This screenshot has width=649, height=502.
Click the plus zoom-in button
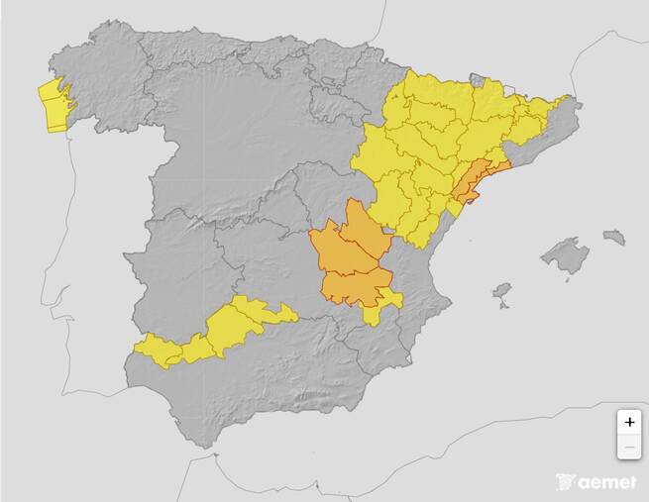coord(629,421)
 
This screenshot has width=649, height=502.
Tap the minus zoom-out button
coord(629,448)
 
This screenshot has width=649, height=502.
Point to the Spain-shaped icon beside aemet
coord(565,482)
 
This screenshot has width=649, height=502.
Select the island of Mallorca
coord(565,256)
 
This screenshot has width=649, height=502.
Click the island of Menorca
coord(614,238)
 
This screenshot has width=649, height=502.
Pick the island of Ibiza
coord(502,292)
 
